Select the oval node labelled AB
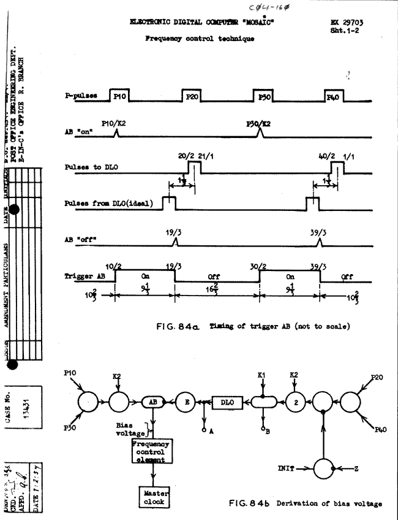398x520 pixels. click(x=151, y=402)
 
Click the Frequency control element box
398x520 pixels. click(x=152, y=451)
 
